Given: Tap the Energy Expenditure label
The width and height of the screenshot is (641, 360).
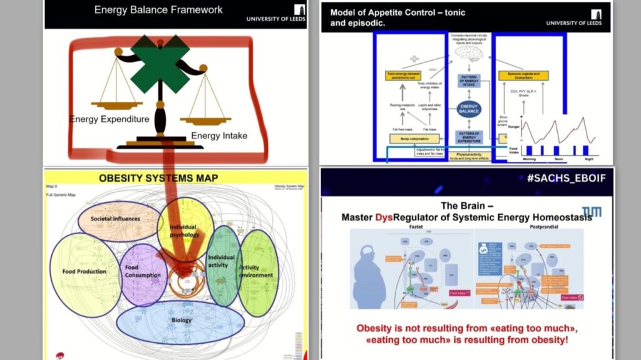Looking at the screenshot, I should (x=110, y=119).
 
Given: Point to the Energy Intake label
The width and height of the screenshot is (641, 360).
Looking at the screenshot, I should (x=219, y=135).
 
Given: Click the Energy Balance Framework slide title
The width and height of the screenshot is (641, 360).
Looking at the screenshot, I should (x=158, y=9).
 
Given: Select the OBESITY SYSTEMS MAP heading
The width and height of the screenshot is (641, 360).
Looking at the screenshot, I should (x=158, y=178).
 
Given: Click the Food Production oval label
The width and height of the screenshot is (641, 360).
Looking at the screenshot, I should (x=84, y=272).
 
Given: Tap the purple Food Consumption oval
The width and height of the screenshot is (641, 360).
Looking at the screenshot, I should (x=143, y=271).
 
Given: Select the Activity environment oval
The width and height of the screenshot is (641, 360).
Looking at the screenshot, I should (x=256, y=271).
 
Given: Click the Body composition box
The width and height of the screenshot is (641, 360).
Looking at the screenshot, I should (x=414, y=138).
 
